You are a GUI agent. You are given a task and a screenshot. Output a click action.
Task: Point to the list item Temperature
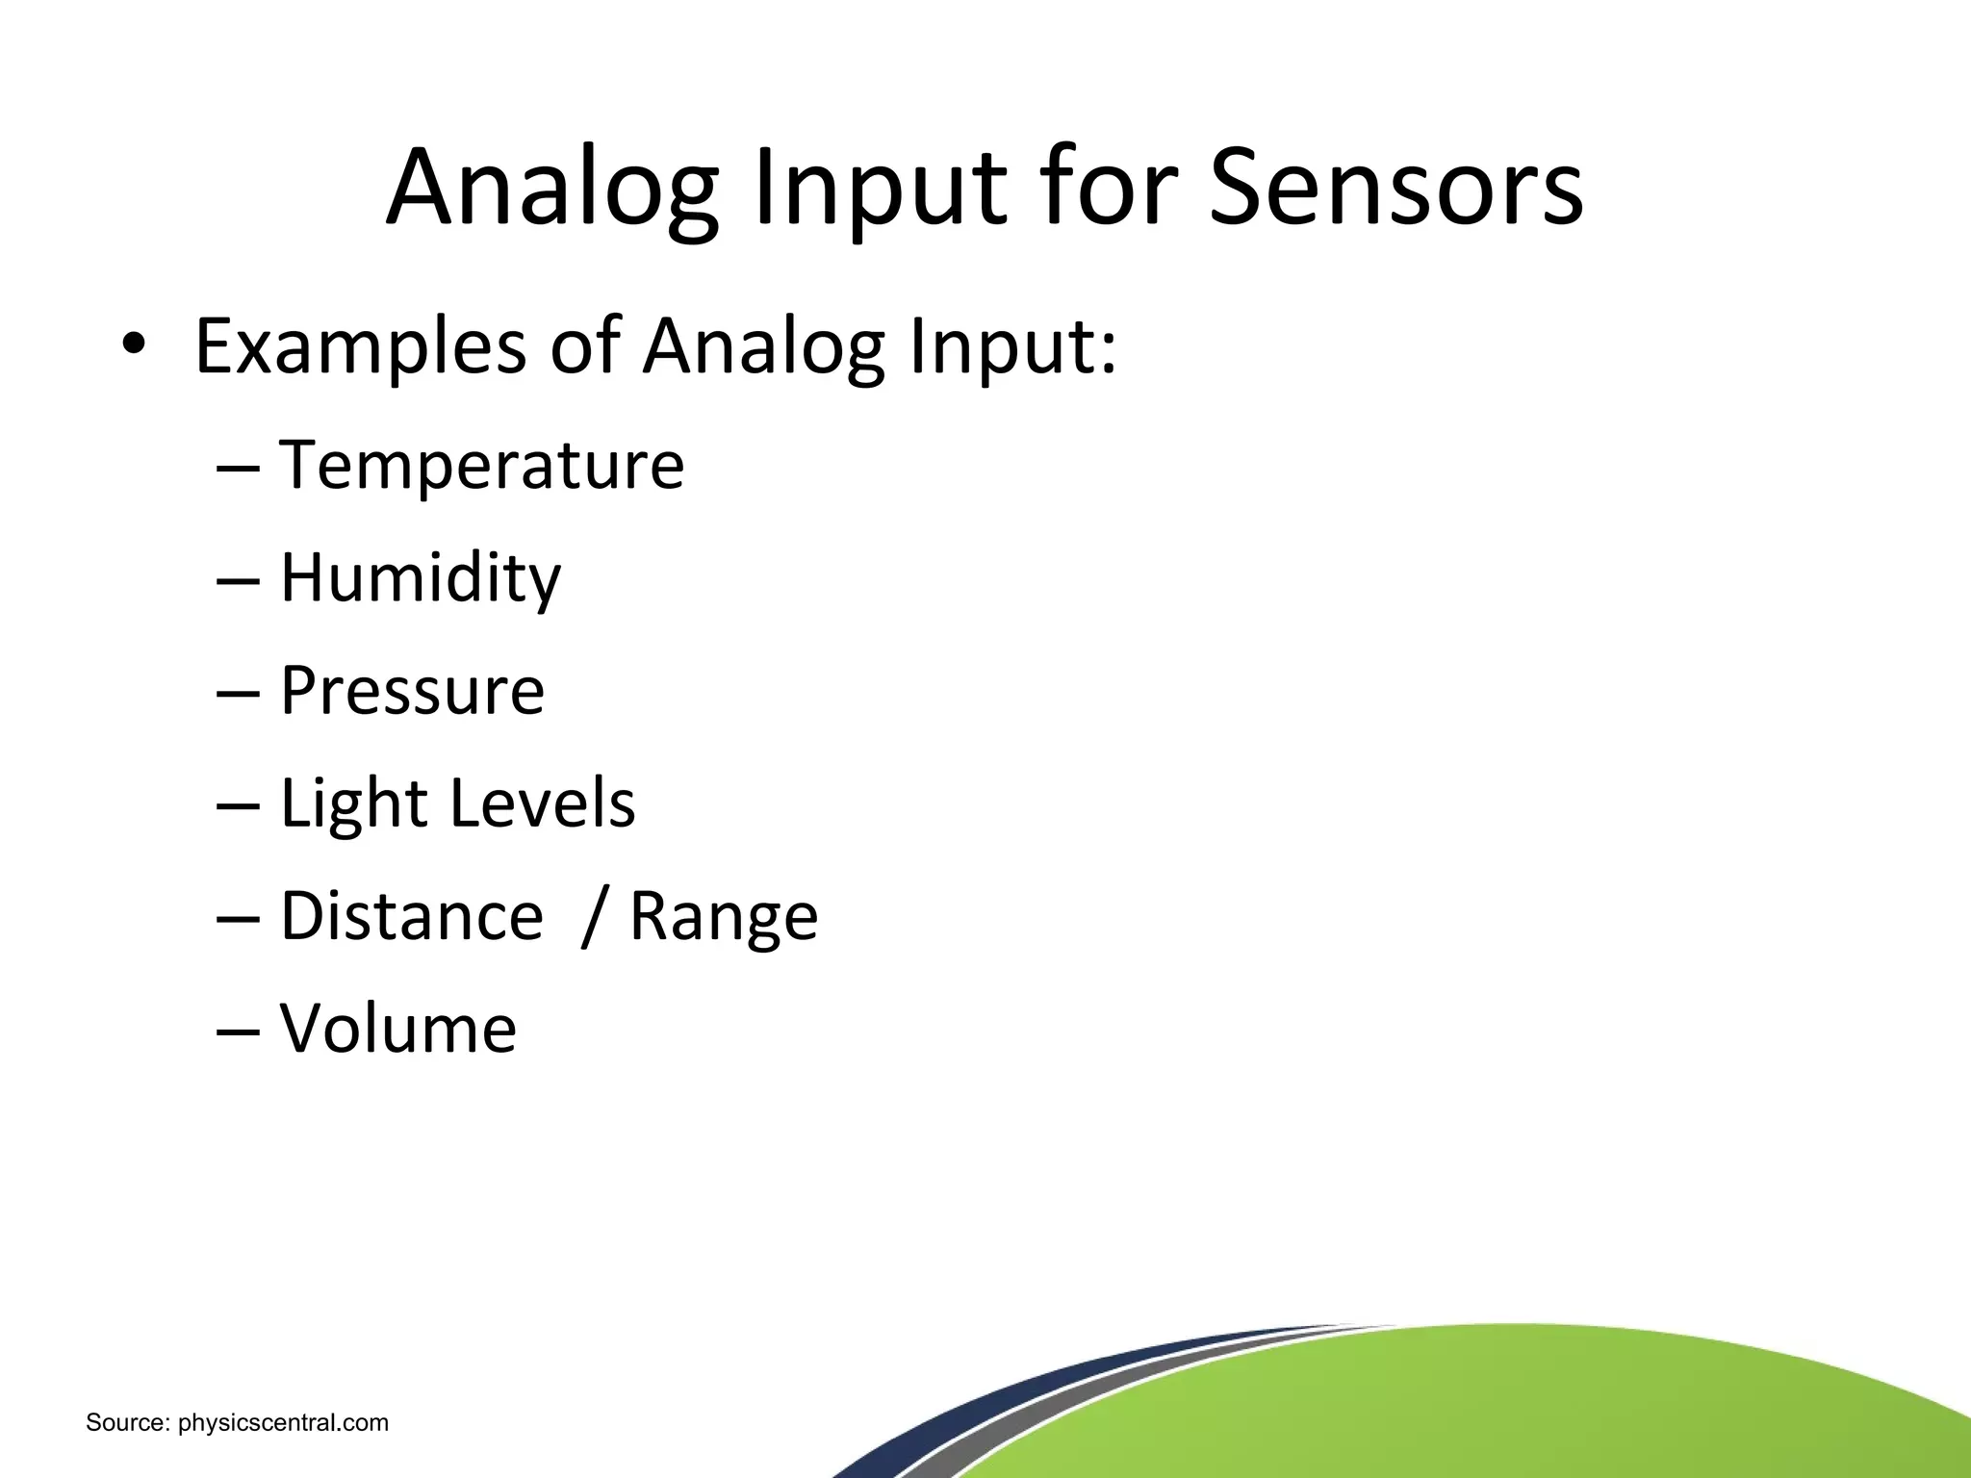tap(481, 466)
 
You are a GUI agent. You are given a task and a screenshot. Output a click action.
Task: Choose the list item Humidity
tap(420, 578)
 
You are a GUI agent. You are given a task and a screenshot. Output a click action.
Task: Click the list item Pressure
tap(412, 691)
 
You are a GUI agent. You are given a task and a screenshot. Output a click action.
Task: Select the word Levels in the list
tap(543, 803)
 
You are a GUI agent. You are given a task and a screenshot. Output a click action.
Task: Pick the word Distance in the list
tap(411, 916)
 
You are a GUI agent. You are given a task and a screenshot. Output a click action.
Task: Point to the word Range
tap(724, 918)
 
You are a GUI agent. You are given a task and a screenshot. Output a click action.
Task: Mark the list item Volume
tap(397, 1029)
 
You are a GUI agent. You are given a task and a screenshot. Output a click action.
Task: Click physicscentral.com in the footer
tap(284, 1423)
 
